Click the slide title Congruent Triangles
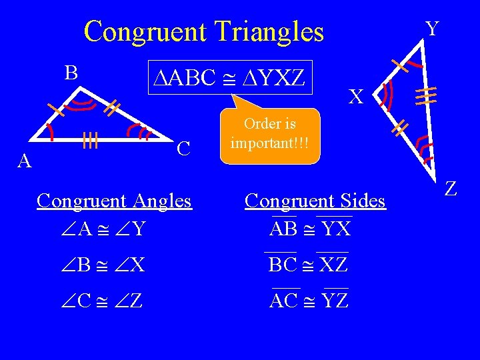coord(203,31)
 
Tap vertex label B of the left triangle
coord(71,71)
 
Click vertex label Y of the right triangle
coord(432,29)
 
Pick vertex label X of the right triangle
coord(356,97)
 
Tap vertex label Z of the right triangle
coord(451,189)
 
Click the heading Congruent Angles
coord(114,201)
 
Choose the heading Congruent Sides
coord(315,201)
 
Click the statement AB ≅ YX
coord(310,229)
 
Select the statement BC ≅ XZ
coord(308,264)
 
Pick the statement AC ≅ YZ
coord(309,300)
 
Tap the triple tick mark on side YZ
coord(427,94)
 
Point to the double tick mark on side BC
coord(111,105)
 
